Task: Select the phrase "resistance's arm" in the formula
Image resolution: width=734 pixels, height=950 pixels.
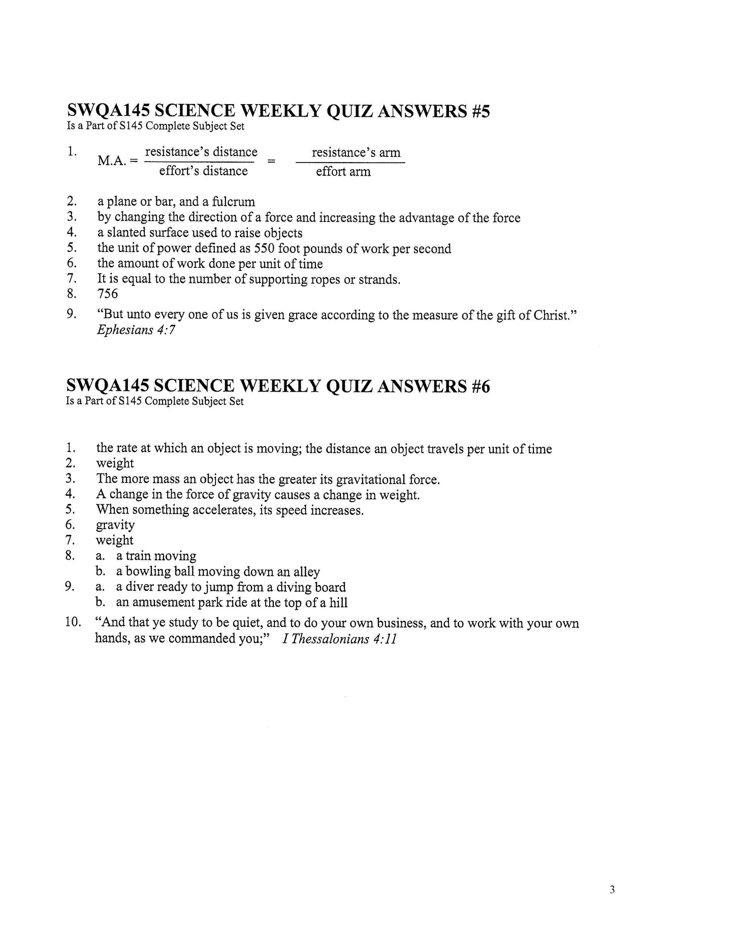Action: pos(356,152)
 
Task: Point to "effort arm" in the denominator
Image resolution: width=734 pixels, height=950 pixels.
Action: pos(343,172)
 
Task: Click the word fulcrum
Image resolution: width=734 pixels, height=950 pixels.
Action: pos(233,202)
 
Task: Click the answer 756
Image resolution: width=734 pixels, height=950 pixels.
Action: pos(108,294)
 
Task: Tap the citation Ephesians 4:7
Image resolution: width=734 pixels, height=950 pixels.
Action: pos(136,330)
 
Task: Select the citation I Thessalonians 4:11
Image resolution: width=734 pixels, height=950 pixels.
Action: pos(339,639)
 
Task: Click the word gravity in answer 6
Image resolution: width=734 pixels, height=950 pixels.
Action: pos(115,525)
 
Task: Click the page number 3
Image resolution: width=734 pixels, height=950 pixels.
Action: pos(612,890)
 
